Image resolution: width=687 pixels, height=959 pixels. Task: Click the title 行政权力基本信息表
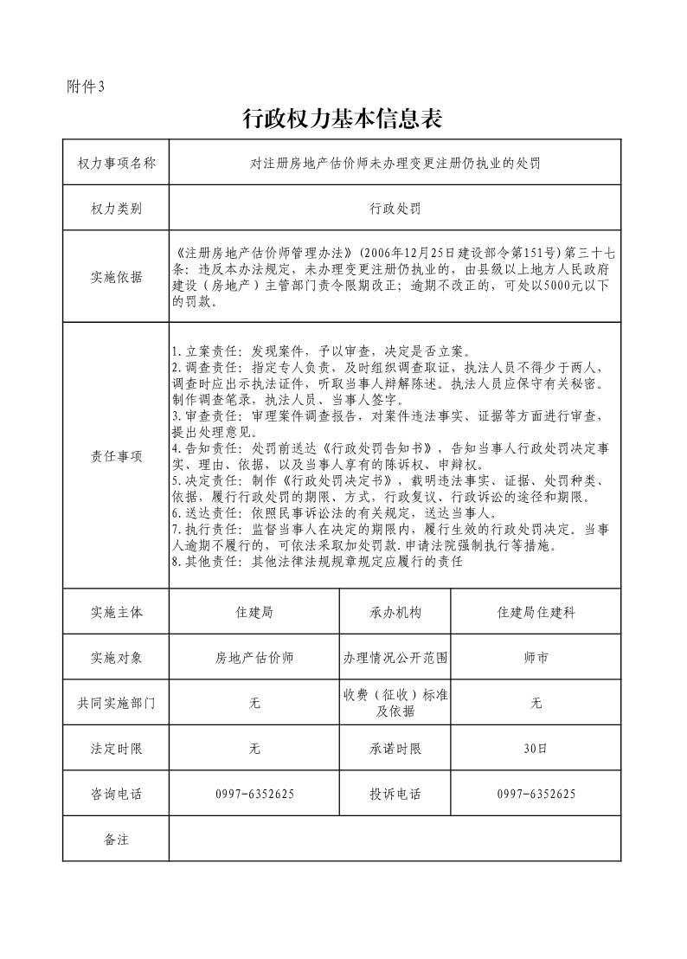click(x=343, y=119)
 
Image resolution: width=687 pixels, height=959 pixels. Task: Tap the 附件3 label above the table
click(x=85, y=87)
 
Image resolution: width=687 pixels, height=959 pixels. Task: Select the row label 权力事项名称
click(x=116, y=163)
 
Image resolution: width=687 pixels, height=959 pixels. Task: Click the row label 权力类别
click(x=116, y=209)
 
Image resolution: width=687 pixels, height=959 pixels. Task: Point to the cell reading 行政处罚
click(x=395, y=209)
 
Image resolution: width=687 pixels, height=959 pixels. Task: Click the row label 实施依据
click(x=116, y=277)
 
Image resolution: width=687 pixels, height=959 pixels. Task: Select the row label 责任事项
click(x=116, y=455)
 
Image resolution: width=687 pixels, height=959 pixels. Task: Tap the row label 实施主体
click(x=116, y=612)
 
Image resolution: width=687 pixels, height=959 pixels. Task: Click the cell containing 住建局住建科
click(x=536, y=612)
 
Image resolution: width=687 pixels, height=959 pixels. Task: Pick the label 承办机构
click(x=395, y=612)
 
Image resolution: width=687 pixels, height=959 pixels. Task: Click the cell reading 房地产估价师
click(x=254, y=658)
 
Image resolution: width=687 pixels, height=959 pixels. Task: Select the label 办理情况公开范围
click(x=395, y=658)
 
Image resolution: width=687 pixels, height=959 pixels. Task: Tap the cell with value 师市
click(x=536, y=658)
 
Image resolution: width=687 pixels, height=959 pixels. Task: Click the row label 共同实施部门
click(x=116, y=704)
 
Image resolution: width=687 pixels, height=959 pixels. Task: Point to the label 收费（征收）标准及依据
click(x=395, y=703)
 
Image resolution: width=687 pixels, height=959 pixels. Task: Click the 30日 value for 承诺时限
click(x=536, y=749)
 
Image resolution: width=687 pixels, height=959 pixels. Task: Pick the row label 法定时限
click(x=116, y=749)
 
